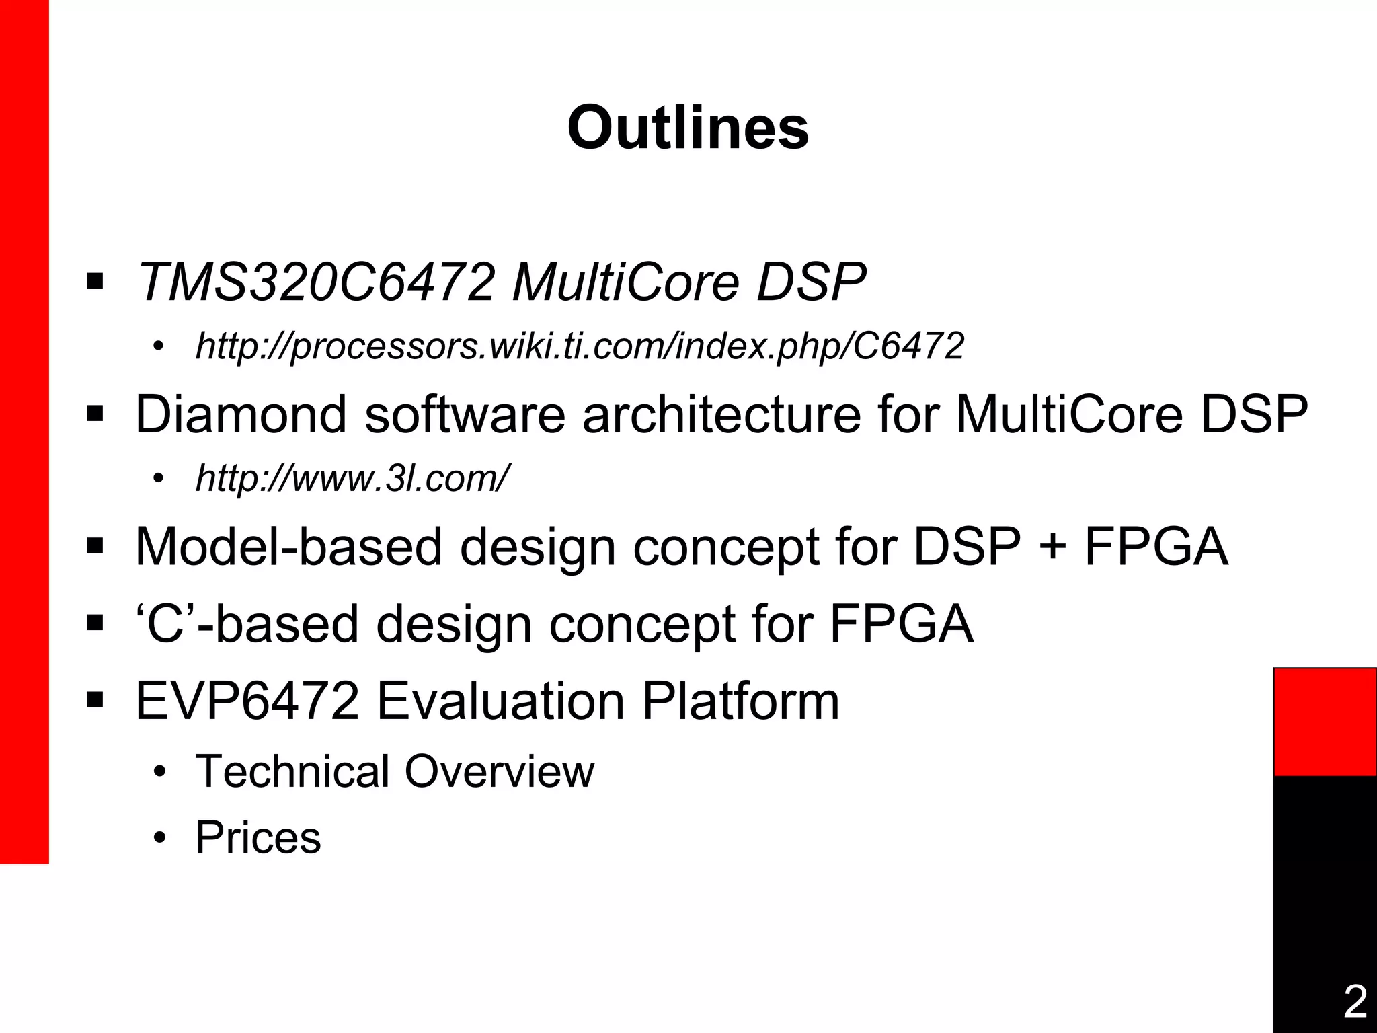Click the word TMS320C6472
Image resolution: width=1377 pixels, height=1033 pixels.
[x=316, y=282]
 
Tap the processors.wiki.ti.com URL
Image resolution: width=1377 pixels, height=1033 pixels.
[x=580, y=347]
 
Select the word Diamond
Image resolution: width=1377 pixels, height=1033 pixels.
[x=241, y=414]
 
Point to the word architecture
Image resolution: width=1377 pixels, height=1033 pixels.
[x=721, y=414]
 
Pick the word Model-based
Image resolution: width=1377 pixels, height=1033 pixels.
[x=288, y=546]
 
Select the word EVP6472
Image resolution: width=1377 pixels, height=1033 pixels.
[x=247, y=701]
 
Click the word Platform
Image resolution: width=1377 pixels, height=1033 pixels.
[x=740, y=701]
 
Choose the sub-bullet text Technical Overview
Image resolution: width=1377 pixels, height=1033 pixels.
[x=395, y=771]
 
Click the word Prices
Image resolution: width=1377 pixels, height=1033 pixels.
[x=258, y=838]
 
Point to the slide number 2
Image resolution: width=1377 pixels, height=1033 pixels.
[x=1355, y=1001]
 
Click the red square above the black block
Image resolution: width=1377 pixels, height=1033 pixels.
[x=1325, y=722]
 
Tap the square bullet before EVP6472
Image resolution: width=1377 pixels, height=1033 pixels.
[x=95, y=701]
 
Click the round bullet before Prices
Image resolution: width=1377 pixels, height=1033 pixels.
[x=159, y=839]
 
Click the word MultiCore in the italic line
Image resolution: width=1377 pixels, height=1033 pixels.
[x=625, y=282]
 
